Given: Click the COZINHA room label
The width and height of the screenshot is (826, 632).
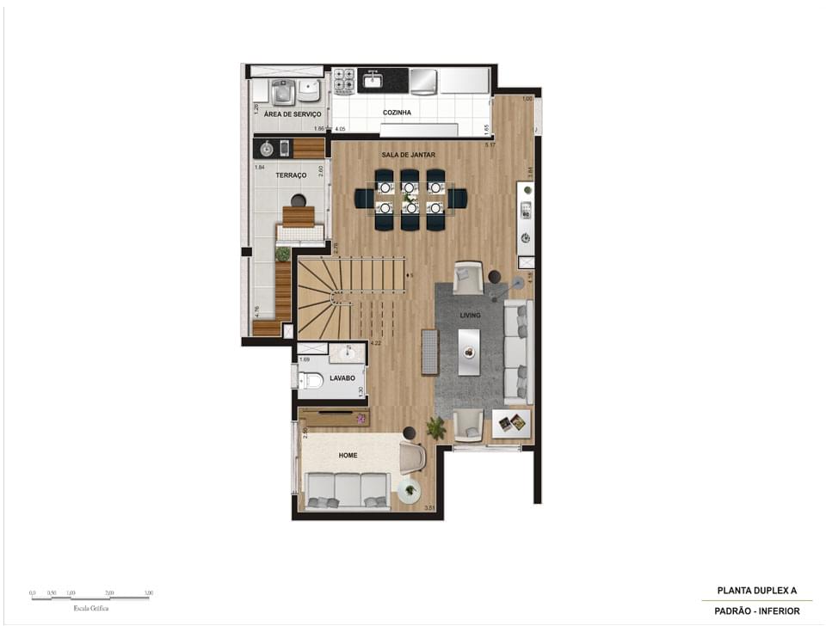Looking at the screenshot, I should pyautogui.click(x=397, y=113).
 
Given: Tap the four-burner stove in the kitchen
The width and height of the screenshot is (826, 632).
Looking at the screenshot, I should pyautogui.click(x=344, y=80).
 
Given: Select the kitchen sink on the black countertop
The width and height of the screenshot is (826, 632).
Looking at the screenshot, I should pyautogui.click(x=373, y=81).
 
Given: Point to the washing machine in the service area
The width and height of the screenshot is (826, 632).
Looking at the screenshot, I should pyautogui.click(x=282, y=91).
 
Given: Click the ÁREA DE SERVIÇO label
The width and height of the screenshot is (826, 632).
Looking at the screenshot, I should pyautogui.click(x=293, y=114).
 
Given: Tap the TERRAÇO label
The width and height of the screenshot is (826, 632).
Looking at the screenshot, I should pyautogui.click(x=291, y=175).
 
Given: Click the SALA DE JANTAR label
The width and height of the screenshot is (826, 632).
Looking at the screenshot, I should pyautogui.click(x=409, y=155).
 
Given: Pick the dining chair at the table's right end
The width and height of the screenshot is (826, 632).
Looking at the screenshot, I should pyautogui.click(x=457, y=199).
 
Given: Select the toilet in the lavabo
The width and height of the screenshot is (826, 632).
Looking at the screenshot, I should pyautogui.click(x=311, y=379).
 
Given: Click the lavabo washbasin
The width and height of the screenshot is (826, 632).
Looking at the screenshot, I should pyautogui.click(x=348, y=353).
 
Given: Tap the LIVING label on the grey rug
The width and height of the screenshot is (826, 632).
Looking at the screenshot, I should pyautogui.click(x=470, y=316).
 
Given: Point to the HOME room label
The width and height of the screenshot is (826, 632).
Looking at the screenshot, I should pyautogui.click(x=348, y=455).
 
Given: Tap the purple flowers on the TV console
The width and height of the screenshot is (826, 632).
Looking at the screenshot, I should pyautogui.click(x=361, y=419).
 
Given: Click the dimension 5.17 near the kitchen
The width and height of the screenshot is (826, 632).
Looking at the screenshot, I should pyautogui.click(x=490, y=145).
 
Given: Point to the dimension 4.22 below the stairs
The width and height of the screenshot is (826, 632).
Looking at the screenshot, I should pyautogui.click(x=375, y=343).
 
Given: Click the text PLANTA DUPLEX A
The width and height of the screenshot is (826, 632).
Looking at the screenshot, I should pyautogui.click(x=757, y=591).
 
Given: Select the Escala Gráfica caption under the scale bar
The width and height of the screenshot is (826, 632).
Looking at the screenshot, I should pyautogui.click(x=91, y=608).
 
